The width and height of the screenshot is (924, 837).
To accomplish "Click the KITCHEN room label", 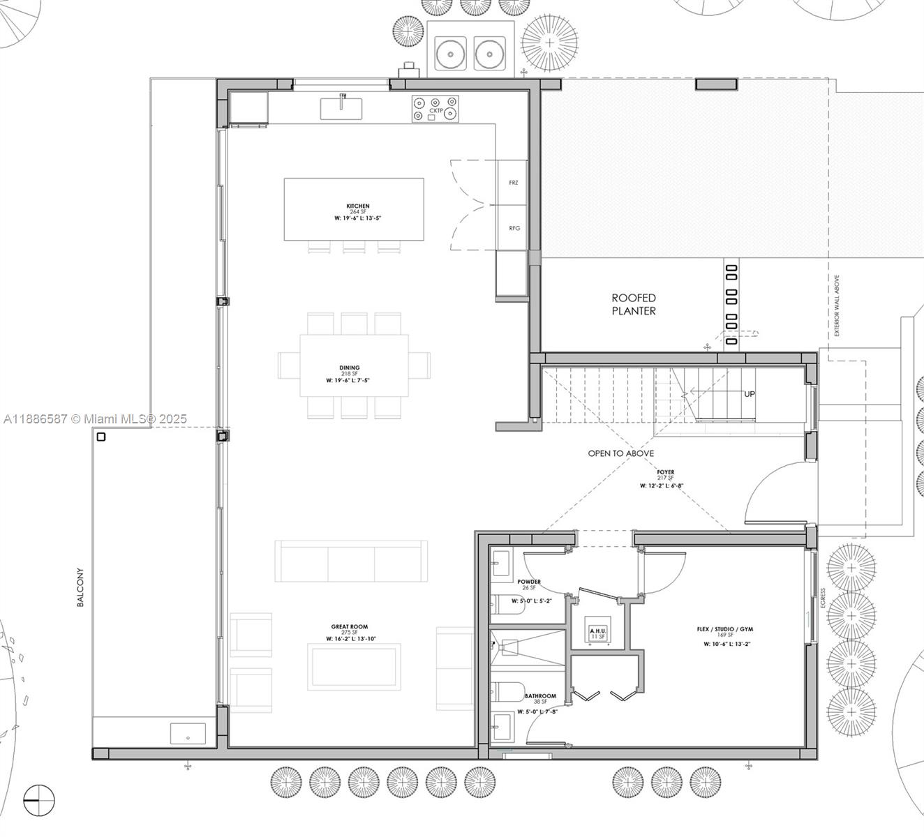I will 358,206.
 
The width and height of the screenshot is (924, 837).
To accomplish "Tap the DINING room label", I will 350,368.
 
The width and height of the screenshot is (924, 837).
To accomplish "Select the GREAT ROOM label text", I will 350,627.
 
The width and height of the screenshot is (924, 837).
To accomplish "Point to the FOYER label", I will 665,472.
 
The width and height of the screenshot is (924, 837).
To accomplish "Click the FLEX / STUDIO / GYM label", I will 724,629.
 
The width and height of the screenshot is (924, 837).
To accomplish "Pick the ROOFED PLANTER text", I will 634,304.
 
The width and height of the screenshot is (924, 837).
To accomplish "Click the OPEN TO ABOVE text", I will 620,453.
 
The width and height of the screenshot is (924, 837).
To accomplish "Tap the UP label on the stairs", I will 749,394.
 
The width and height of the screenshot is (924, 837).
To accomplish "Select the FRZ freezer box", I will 514,183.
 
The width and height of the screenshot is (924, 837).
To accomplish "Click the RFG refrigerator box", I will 514,228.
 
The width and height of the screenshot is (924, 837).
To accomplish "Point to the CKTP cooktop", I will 435,110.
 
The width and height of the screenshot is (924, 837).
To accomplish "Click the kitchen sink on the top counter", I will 341,109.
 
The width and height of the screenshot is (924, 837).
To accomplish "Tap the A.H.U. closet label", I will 598,631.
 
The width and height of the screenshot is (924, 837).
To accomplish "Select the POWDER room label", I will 529,582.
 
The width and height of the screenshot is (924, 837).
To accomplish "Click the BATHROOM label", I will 540,696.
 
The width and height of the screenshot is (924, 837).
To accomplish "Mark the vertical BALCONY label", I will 80,587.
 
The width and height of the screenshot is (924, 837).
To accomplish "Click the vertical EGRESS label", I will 824,598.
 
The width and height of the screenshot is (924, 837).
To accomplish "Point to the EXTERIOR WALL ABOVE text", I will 837,306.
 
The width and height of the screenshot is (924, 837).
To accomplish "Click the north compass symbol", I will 39,800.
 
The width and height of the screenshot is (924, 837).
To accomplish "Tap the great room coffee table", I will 355,667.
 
